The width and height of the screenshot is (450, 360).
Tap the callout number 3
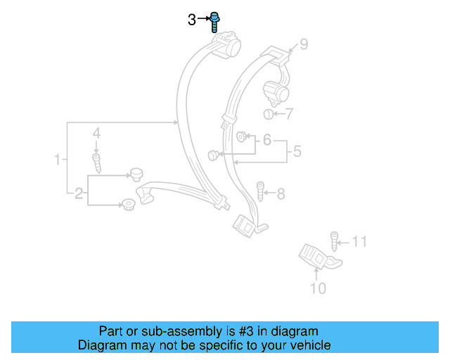[x=192, y=20]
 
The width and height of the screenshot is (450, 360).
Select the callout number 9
[x=304, y=45]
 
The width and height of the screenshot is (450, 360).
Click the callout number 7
[x=289, y=113]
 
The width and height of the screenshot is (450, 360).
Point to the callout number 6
[x=266, y=141]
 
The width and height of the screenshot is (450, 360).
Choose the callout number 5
[x=297, y=150]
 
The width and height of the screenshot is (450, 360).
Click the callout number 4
[x=97, y=133]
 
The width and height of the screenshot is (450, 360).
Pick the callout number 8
[x=281, y=193]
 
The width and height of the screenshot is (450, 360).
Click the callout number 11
[x=359, y=243]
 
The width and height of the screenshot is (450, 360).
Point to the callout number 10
[x=318, y=288]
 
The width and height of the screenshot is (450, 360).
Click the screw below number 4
[x=97, y=162]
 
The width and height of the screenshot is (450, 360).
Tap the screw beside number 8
[x=261, y=191]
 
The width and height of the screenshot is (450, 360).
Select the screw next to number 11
[x=335, y=241]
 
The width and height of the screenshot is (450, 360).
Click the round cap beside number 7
[x=269, y=115]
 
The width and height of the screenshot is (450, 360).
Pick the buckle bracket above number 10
[x=316, y=257]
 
